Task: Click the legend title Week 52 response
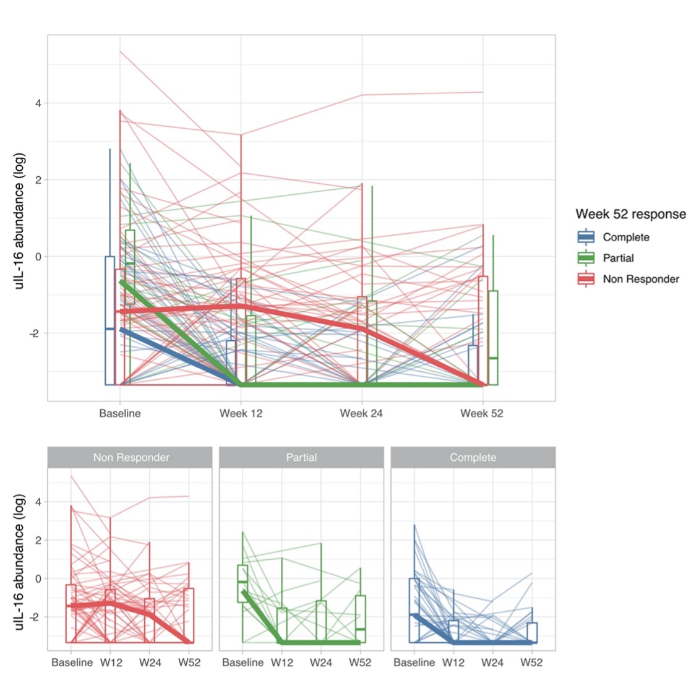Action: (630, 214)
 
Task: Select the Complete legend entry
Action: (626, 237)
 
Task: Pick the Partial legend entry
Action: (618, 258)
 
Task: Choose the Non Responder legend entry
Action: (641, 279)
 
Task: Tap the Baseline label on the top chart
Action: (120, 413)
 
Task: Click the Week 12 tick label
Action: (241, 413)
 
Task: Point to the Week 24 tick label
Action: (361, 413)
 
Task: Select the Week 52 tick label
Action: (482, 413)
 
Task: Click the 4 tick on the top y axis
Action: (38, 103)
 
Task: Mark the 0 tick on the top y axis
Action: (38, 257)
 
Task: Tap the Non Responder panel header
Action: (131, 458)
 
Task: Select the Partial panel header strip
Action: (301, 458)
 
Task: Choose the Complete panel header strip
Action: (473, 458)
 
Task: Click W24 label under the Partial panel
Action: (321, 663)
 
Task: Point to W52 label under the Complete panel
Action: (531, 663)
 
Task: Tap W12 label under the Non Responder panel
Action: (111, 663)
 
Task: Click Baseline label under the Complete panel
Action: (414, 663)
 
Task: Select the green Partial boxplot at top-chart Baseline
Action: (130, 266)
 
